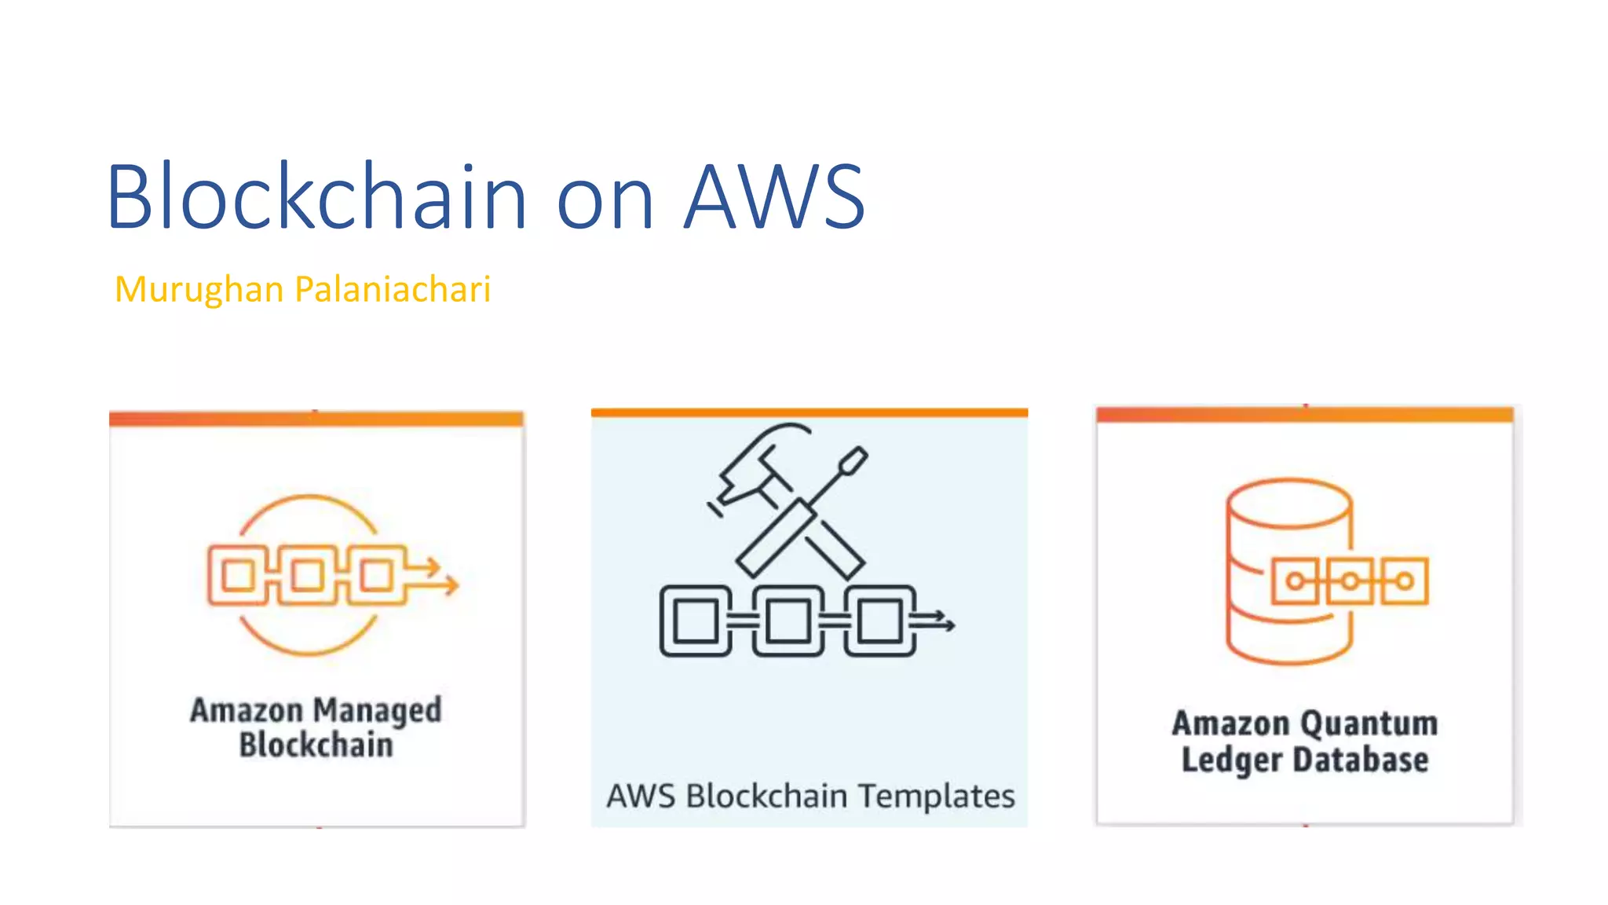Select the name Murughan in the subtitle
(x=199, y=289)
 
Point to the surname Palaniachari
(x=393, y=289)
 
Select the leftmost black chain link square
(x=696, y=621)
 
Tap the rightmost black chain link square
(x=879, y=621)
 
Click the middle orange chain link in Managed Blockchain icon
(x=308, y=576)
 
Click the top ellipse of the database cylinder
(x=1289, y=503)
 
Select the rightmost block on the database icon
(x=1404, y=581)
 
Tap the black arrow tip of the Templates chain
(x=950, y=625)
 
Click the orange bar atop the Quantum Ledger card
(x=1304, y=414)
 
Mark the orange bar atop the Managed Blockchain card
(x=316, y=419)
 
